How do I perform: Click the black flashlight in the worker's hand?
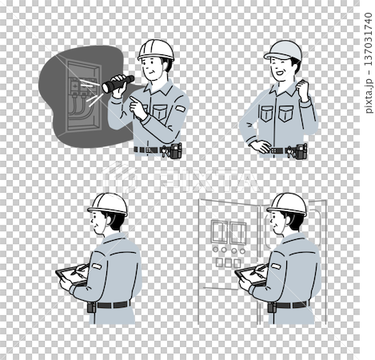pyautogui.click(x=118, y=84)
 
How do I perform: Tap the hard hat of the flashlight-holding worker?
pyautogui.click(x=156, y=50)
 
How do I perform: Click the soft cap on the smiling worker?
pyautogui.click(x=283, y=50)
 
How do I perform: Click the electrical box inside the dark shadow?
pyautogui.click(x=83, y=95)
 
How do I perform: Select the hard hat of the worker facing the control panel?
pyautogui.click(x=287, y=204)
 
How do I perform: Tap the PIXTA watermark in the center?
pyautogui.click(x=179, y=178)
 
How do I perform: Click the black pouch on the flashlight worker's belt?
pyautogui.click(x=176, y=150)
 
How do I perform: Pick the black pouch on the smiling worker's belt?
pyautogui.click(x=301, y=152)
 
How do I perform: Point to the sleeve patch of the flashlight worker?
pyautogui.click(x=180, y=108)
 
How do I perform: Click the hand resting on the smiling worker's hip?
pyautogui.click(x=259, y=146)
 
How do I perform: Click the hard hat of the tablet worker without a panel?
pyautogui.click(x=108, y=204)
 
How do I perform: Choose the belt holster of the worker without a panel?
pyautogui.click(x=92, y=307)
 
